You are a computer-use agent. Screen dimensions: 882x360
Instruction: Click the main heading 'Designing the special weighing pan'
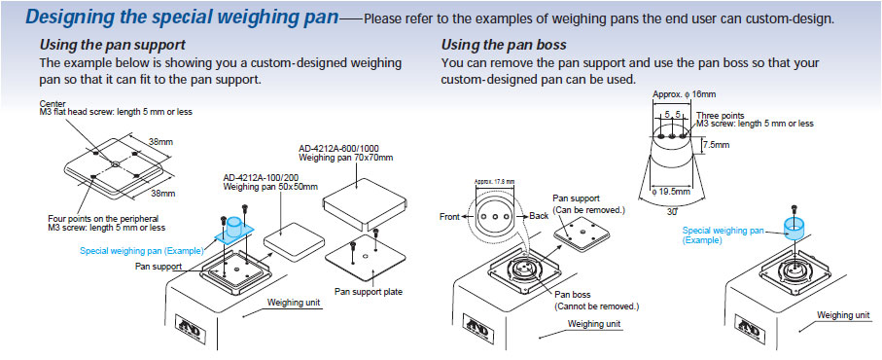[x=182, y=17]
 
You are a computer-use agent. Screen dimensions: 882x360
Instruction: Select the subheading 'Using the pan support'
[x=112, y=45]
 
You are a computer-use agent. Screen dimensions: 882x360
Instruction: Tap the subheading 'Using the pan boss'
[x=504, y=45]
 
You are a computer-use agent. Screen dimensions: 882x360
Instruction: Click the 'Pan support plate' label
[x=369, y=292]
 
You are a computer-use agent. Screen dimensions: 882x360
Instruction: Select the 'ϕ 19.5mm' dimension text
[x=671, y=192]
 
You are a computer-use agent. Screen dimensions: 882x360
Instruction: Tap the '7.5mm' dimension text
[x=716, y=145]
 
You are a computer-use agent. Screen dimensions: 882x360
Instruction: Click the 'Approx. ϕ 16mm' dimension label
[x=684, y=94]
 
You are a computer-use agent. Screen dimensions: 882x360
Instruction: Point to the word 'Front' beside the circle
[x=449, y=217]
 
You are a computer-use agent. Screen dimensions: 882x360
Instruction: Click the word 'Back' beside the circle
[x=539, y=216]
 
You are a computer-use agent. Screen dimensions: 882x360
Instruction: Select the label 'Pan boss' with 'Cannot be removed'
[x=597, y=301]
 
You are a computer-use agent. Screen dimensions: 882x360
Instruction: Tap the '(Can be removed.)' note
[x=589, y=210]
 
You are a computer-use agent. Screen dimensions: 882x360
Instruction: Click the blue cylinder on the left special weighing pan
[x=235, y=228]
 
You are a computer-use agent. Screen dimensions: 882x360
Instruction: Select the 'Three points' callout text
[x=721, y=116]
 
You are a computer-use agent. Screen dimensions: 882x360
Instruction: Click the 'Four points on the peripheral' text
[x=103, y=218]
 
